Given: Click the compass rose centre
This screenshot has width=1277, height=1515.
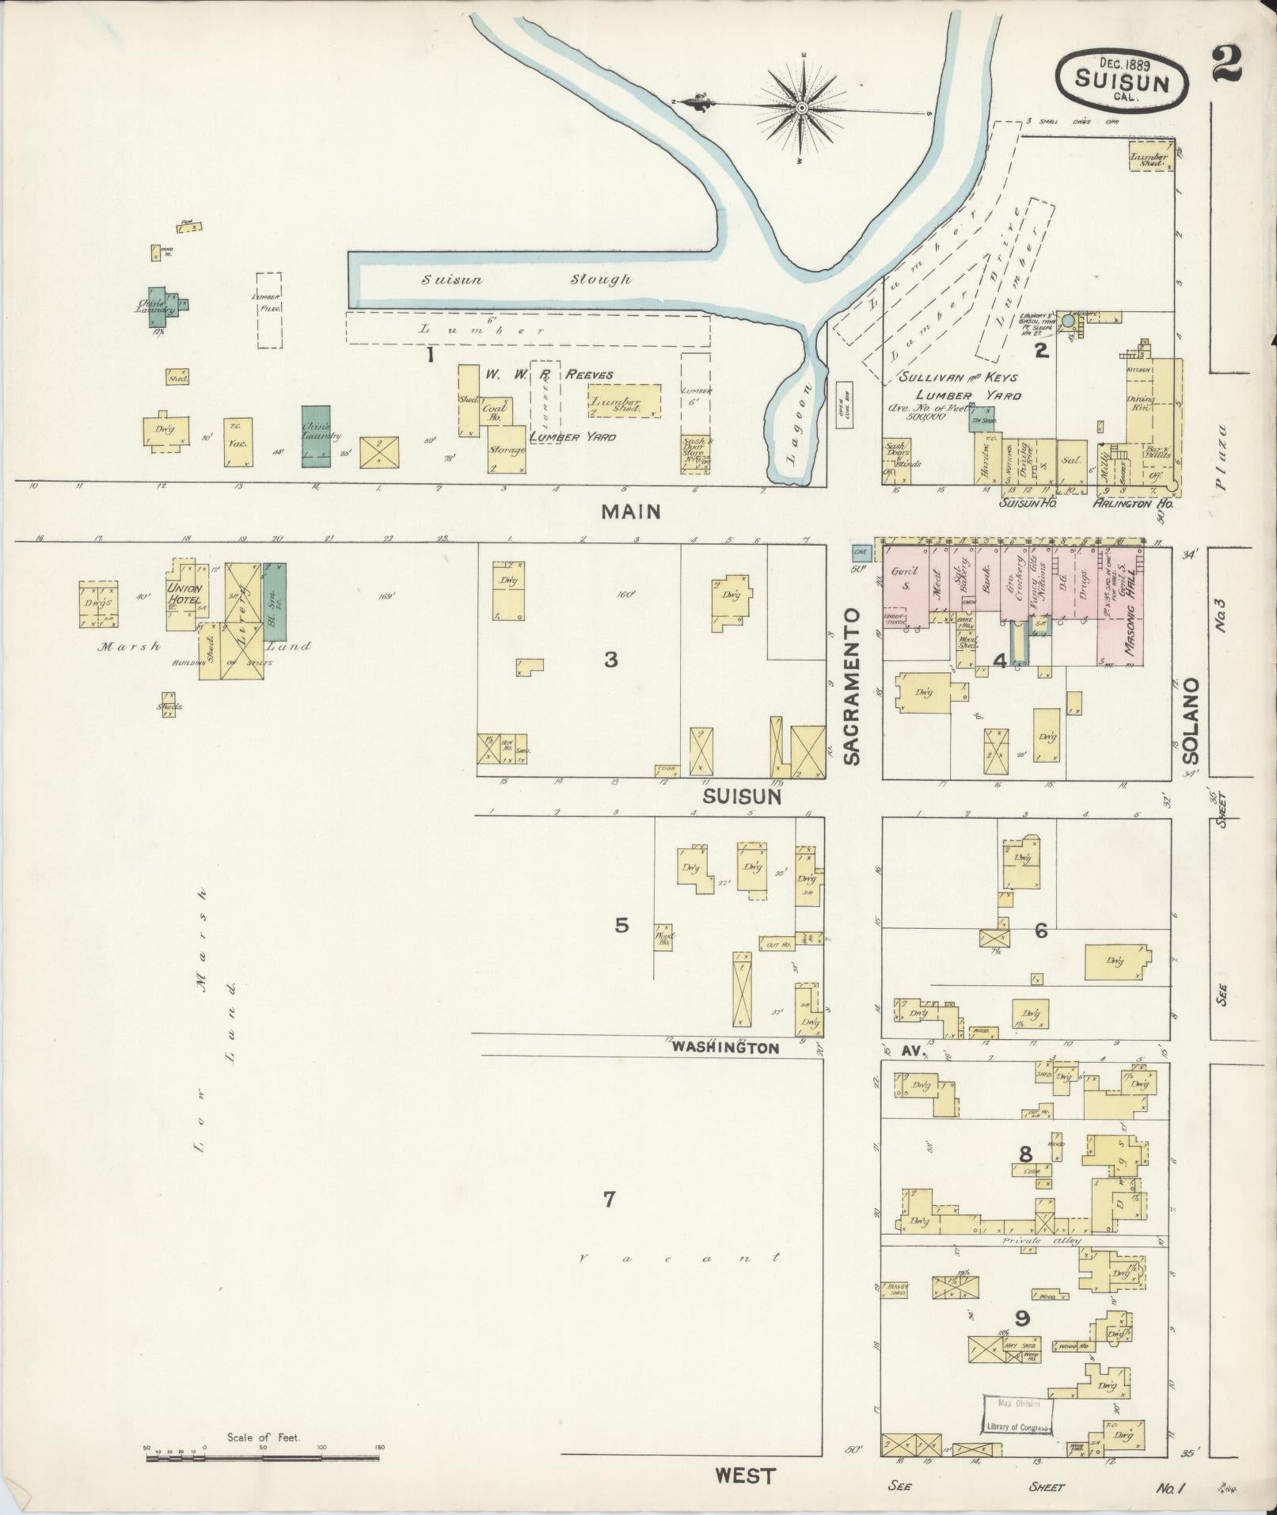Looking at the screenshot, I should coord(802,107).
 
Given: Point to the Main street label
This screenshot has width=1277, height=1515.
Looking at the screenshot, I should coord(630,512).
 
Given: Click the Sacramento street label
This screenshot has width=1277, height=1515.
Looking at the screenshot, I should coord(851,687).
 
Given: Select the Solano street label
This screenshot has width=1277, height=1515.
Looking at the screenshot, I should coord(1191,721).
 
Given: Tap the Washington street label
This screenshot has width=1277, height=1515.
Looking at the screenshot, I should coord(725,1048).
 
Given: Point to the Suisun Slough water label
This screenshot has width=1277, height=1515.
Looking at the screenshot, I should coord(526,280).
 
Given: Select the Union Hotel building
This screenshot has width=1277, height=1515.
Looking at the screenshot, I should coord(184,594).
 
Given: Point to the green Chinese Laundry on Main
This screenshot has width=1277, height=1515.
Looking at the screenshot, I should coord(316,435).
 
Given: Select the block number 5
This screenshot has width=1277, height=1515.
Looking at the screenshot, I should coord(621,924).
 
